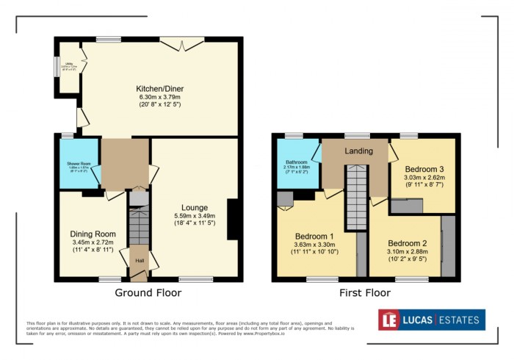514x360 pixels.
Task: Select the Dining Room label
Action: [x=87, y=234]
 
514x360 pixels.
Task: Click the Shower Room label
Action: [x=73, y=163]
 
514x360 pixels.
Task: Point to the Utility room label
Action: [x=68, y=66]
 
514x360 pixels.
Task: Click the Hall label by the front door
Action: [x=138, y=260]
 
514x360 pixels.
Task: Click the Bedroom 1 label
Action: [x=314, y=237]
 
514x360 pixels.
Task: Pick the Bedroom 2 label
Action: [x=407, y=243]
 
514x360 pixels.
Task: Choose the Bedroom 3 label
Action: [x=424, y=167]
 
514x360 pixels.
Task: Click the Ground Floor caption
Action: [x=148, y=293]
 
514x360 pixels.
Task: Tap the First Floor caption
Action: [x=364, y=293]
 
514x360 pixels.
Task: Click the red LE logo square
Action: [x=389, y=320]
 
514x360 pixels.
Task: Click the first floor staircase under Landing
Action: [x=356, y=190]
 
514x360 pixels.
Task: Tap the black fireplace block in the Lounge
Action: [x=234, y=219]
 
